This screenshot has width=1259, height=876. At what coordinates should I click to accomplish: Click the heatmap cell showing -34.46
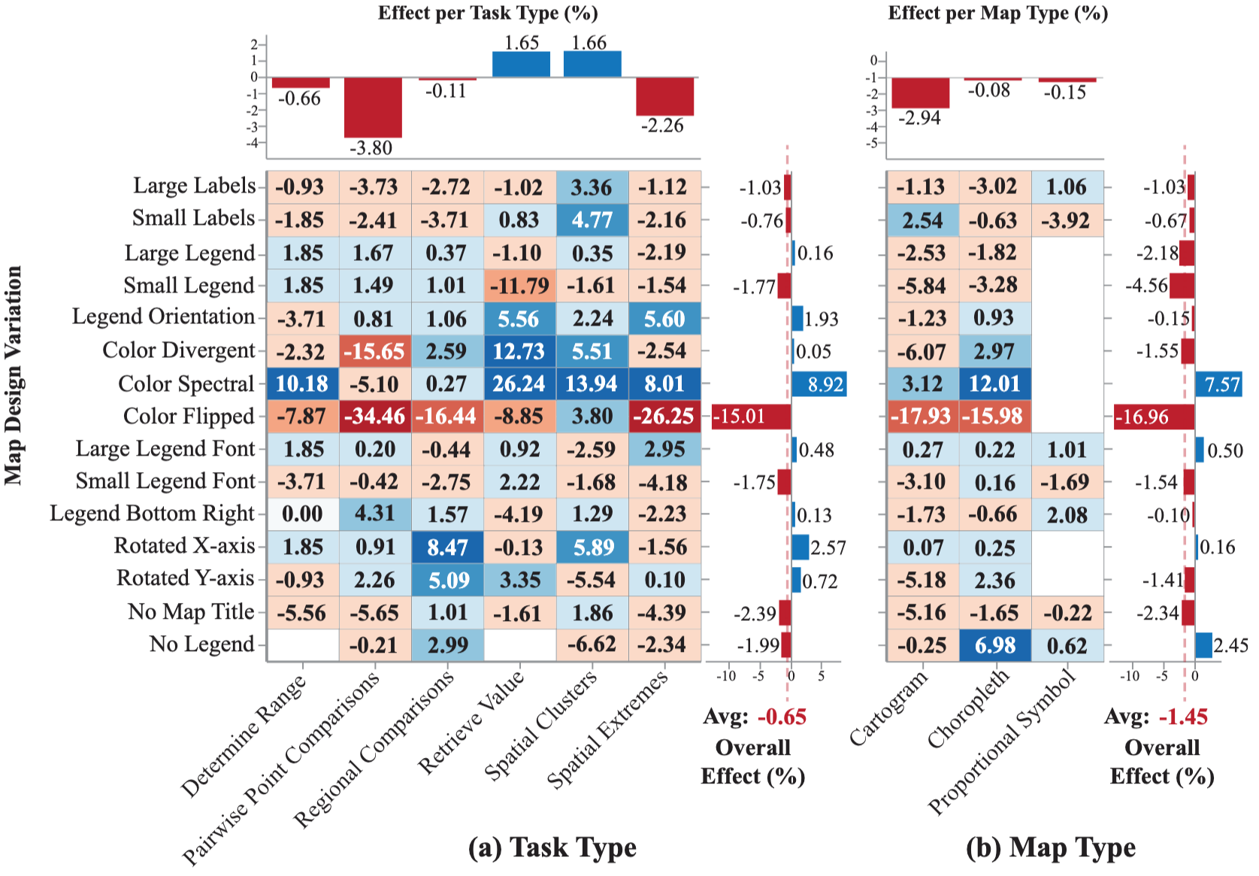[x=374, y=416]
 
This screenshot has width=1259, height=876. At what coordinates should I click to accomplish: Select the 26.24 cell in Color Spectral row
[x=519, y=383]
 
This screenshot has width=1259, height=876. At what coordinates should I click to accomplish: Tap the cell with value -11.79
[x=519, y=286]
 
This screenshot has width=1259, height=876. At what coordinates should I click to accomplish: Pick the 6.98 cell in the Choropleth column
[x=994, y=645]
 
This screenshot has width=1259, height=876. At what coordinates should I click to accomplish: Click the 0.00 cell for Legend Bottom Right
[x=302, y=514]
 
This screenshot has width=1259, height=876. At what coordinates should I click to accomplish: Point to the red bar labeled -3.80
[x=373, y=107]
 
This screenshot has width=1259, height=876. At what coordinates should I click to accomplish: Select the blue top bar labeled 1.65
[x=521, y=65]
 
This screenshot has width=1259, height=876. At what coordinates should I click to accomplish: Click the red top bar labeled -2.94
[x=920, y=92]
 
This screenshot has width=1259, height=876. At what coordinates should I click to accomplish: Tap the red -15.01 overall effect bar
[x=750, y=417]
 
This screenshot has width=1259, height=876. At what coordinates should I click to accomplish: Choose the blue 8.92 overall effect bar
[x=819, y=384]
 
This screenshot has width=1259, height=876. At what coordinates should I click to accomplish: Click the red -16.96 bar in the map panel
[x=1154, y=417]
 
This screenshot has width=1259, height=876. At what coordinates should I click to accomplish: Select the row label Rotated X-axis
[x=184, y=546]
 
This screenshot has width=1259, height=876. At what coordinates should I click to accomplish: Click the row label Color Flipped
[x=189, y=417]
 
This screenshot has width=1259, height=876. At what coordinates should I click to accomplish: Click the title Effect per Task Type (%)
[x=488, y=13]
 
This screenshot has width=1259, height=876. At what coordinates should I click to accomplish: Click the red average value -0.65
[x=781, y=717]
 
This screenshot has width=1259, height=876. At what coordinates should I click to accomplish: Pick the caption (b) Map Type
[x=1050, y=847]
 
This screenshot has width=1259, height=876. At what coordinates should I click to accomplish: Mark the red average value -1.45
[x=1182, y=717]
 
